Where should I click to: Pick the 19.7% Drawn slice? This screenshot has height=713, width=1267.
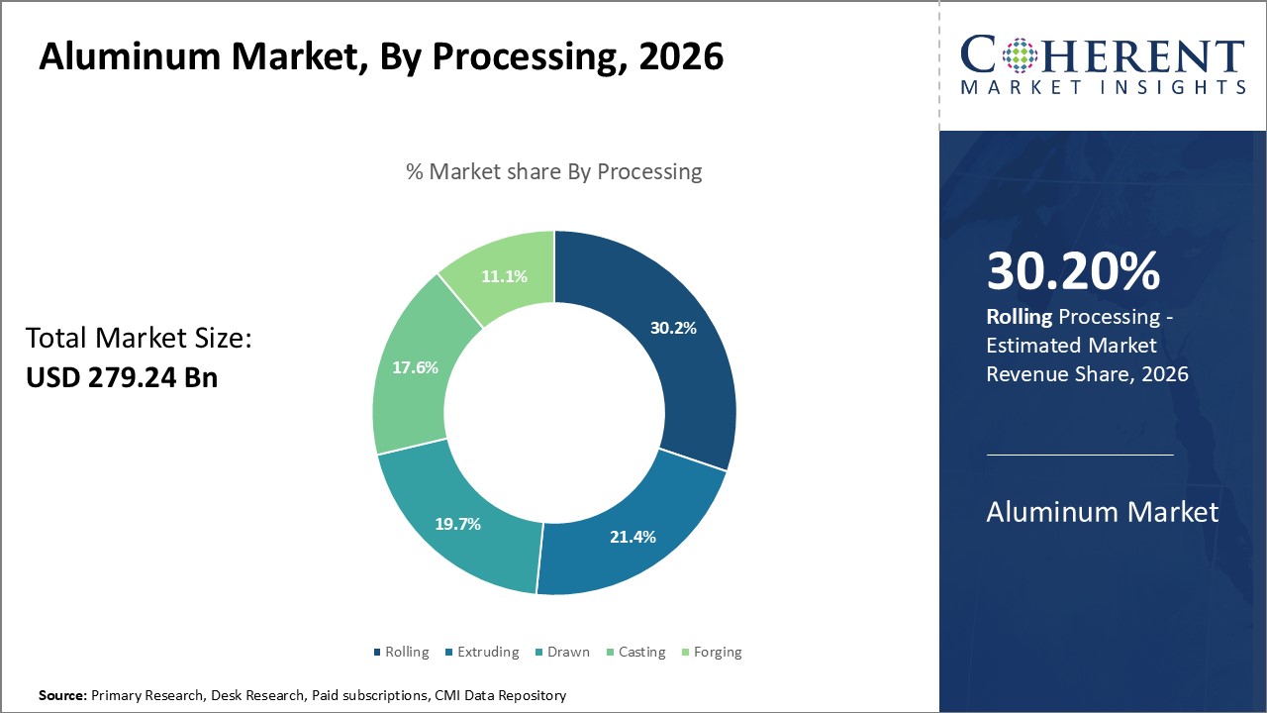(x=458, y=524)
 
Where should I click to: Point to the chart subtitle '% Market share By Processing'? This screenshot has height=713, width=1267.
(x=554, y=171)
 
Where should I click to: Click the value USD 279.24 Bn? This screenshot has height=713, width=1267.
(x=122, y=377)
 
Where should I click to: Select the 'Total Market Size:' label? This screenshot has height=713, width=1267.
(x=140, y=339)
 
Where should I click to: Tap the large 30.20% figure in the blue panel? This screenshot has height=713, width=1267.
(x=1073, y=271)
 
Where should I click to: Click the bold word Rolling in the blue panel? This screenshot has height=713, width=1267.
(x=1020, y=317)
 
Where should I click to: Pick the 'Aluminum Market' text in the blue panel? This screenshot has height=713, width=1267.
(x=1103, y=512)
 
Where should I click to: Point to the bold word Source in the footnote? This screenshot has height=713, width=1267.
(x=63, y=695)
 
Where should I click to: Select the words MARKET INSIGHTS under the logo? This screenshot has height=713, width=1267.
(x=1103, y=88)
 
